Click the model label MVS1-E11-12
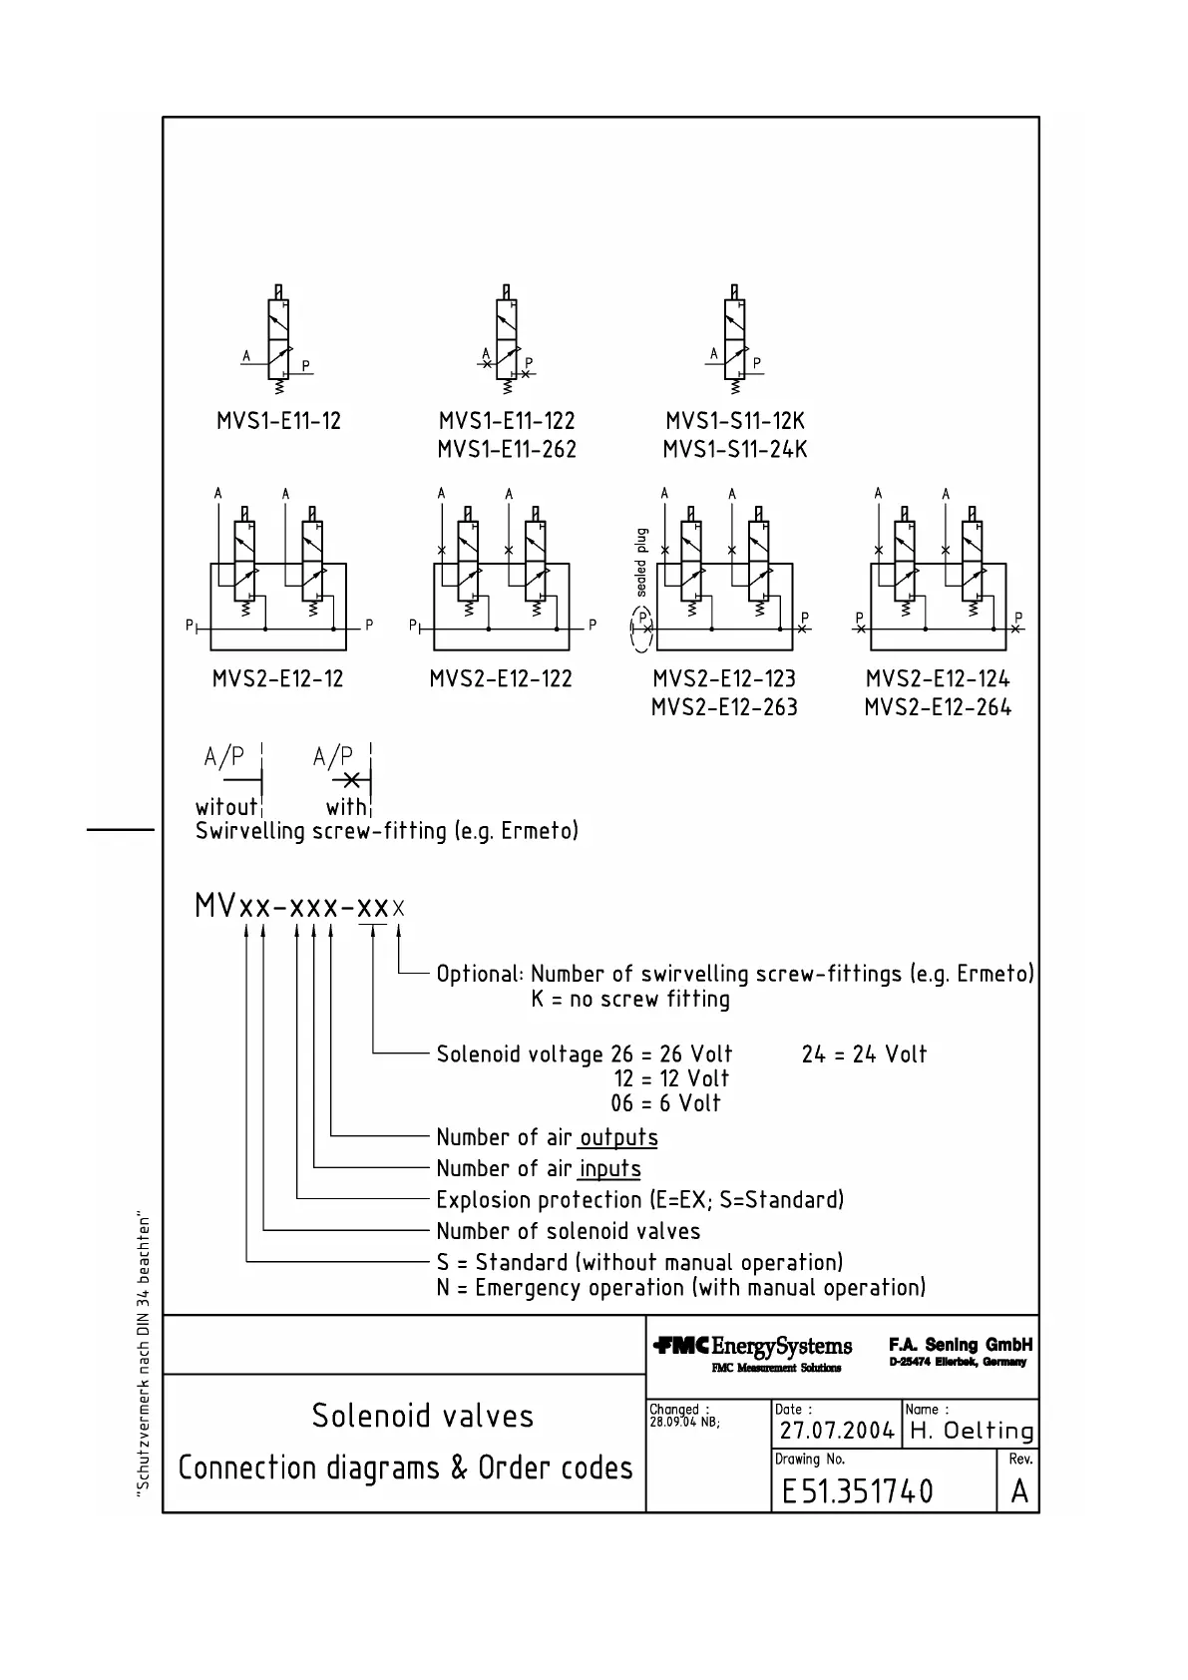click(278, 421)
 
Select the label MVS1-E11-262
click(507, 450)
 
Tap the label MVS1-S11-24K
click(735, 450)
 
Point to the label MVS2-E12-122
click(501, 679)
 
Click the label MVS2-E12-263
click(724, 707)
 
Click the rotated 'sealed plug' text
click(641, 562)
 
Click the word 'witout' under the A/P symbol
click(226, 806)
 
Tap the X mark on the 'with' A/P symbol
click(350, 780)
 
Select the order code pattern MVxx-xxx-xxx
click(299, 907)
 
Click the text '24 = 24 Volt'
click(864, 1054)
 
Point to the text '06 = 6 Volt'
click(665, 1103)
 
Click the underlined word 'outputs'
click(618, 1137)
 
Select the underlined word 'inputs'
click(609, 1168)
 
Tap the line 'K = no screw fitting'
click(630, 1000)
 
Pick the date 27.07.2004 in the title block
click(836, 1431)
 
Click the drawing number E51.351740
click(858, 1491)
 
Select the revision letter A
click(1018, 1491)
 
